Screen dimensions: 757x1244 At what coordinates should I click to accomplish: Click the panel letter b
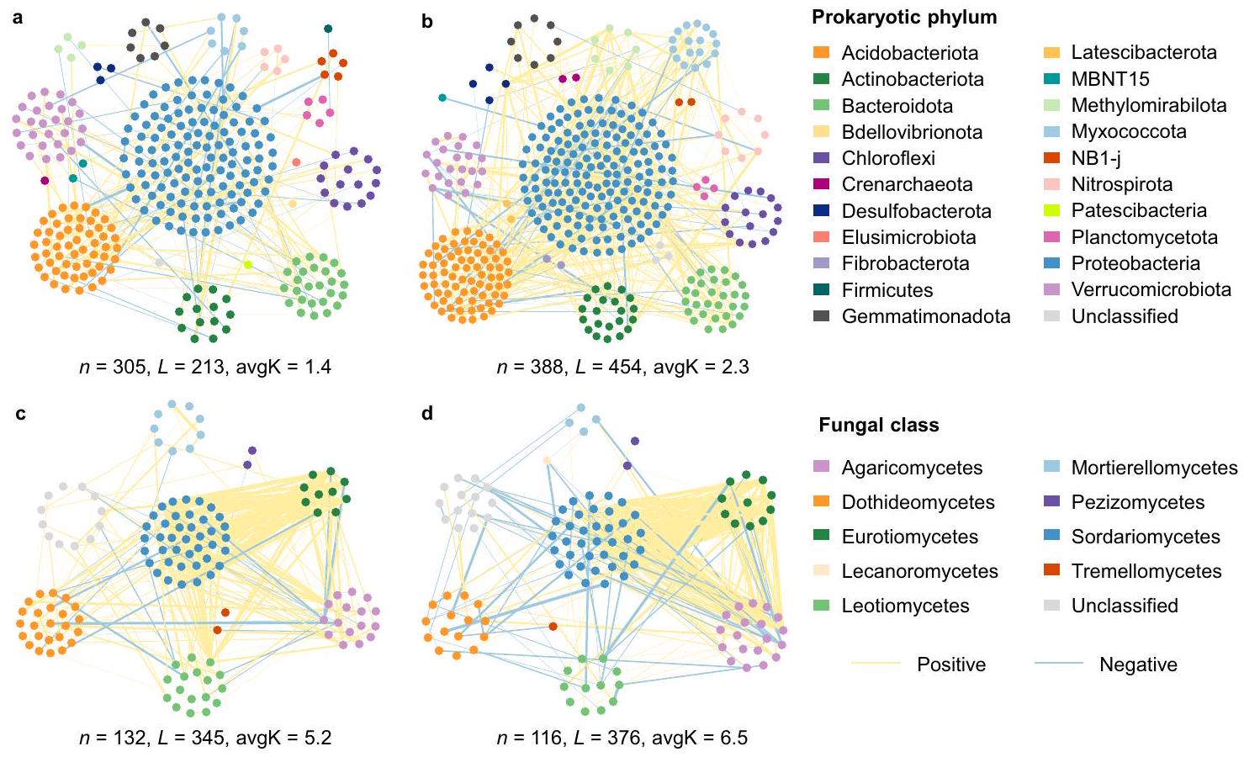[427, 20]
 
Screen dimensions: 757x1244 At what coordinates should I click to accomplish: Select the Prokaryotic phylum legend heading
[904, 17]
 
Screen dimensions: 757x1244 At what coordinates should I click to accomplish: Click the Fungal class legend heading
[879, 425]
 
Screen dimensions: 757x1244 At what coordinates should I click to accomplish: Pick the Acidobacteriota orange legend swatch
[822, 53]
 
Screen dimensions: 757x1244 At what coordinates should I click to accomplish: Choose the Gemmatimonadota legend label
[926, 316]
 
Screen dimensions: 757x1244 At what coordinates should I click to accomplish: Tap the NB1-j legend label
[1096, 158]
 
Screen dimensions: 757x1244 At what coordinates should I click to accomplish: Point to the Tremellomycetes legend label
[1146, 571]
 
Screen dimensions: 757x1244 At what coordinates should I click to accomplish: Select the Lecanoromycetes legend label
[919, 571]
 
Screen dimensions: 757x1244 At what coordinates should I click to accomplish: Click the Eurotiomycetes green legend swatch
[822, 537]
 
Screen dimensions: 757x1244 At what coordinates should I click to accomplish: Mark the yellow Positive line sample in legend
[876, 664]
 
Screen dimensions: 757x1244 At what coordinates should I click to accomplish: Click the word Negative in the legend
[1138, 664]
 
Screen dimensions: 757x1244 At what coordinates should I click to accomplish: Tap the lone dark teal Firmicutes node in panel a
[328, 29]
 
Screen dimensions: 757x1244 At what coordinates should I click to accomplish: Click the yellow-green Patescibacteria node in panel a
[247, 264]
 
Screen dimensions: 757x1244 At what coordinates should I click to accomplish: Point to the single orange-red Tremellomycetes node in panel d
[553, 626]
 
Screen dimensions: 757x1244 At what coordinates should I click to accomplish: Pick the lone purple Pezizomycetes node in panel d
[635, 441]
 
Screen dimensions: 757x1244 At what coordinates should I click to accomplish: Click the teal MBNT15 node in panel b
[442, 98]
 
